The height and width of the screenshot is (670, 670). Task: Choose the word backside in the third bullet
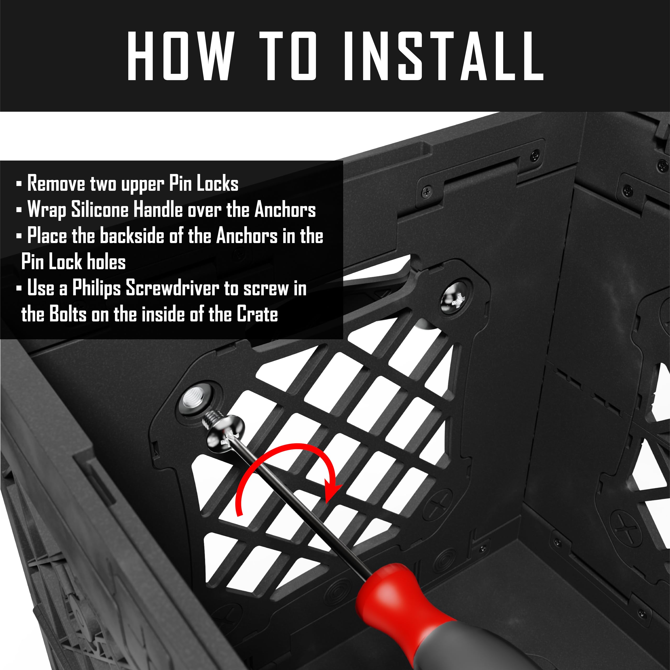pyautogui.click(x=132, y=236)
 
